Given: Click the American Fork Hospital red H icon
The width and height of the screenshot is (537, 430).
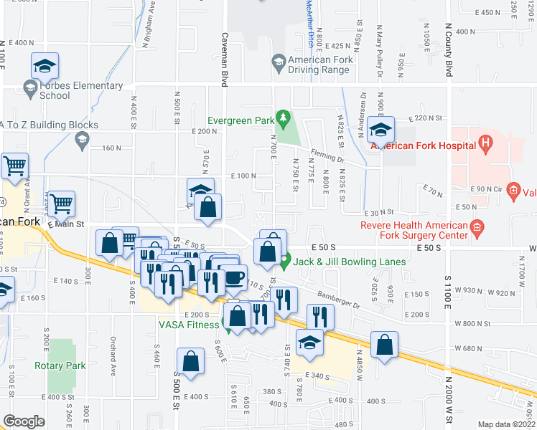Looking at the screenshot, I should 486,145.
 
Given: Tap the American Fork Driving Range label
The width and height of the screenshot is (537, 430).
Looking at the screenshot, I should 320,64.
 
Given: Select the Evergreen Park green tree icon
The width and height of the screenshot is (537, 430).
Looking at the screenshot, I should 284,115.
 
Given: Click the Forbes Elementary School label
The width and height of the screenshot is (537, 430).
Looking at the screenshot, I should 81,90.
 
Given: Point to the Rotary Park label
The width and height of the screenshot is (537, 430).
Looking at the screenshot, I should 60,365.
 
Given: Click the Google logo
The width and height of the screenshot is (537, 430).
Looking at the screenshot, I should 24,421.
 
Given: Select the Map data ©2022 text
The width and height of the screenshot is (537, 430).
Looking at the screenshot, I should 506,424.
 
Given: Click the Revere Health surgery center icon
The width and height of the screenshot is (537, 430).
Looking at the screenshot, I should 476,229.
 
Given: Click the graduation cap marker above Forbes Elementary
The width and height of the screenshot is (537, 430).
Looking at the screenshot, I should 45,67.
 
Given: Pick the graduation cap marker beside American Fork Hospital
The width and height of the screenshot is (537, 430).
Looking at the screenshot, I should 380,130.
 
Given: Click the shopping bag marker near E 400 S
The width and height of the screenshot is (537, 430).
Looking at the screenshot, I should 192,362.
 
